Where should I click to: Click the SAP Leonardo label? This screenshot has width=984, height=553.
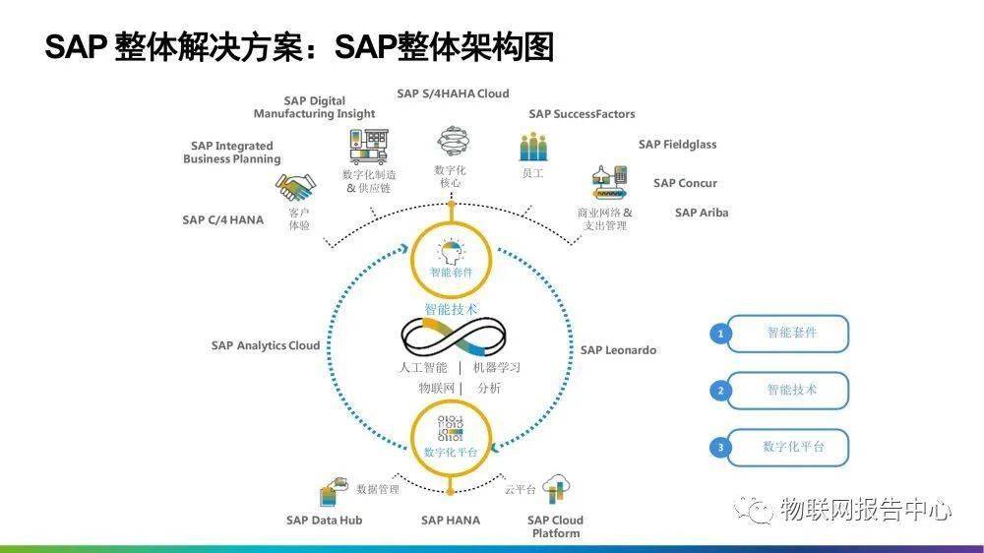[618, 349]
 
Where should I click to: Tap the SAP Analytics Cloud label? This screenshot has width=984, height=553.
[265, 345]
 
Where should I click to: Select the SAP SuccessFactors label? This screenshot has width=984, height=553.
[582, 114]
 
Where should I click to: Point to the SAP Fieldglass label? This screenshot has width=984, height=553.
[677, 145]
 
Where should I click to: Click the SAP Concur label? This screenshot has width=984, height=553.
[685, 183]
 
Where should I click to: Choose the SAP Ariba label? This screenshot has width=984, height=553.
[702, 213]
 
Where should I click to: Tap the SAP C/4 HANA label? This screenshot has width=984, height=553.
[222, 220]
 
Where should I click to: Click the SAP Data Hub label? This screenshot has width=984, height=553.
[324, 520]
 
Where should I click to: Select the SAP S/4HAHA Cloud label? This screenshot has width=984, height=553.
[453, 93]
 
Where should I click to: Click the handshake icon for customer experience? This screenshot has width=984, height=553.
[295, 187]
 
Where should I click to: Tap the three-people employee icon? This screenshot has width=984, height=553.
[532, 148]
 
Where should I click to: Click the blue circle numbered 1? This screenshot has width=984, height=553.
[721, 334]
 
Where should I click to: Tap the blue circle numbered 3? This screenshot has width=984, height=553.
[721, 448]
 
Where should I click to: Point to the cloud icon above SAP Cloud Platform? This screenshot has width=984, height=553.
[558, 488]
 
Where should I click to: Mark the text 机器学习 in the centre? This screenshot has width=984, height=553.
[496, 368]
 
